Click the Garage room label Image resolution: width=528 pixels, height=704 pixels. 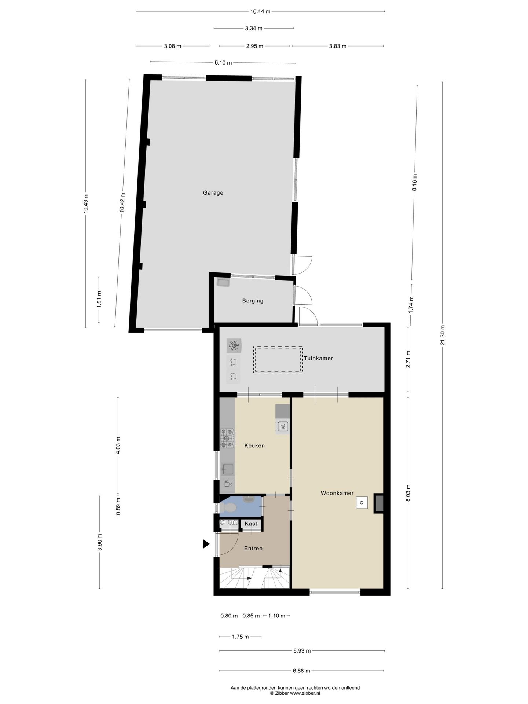point(213,193)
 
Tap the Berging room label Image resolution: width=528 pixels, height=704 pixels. point(253,301)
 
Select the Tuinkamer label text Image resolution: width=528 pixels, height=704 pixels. point(319,359)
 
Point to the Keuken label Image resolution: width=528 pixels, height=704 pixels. point(254,446)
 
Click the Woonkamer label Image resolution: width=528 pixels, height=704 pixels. point(337,493)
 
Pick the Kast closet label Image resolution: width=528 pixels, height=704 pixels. point(251,524)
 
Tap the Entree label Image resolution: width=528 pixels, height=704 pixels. point(253,549)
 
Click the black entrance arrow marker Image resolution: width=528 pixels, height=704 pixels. point(206,544)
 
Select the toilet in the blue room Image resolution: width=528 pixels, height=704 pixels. point(230,508)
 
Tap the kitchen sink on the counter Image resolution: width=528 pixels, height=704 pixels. point(228,469)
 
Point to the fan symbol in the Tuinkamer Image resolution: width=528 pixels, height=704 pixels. point(234,345)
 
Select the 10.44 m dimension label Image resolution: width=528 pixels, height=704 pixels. point(260,11)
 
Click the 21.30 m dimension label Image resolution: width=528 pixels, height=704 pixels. point(443,335)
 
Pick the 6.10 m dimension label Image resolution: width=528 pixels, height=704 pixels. point(223,63)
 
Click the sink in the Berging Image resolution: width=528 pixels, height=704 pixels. point(223,283)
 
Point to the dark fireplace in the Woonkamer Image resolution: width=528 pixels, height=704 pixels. point(378,503)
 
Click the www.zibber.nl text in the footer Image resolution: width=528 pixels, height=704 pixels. point(305,693)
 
